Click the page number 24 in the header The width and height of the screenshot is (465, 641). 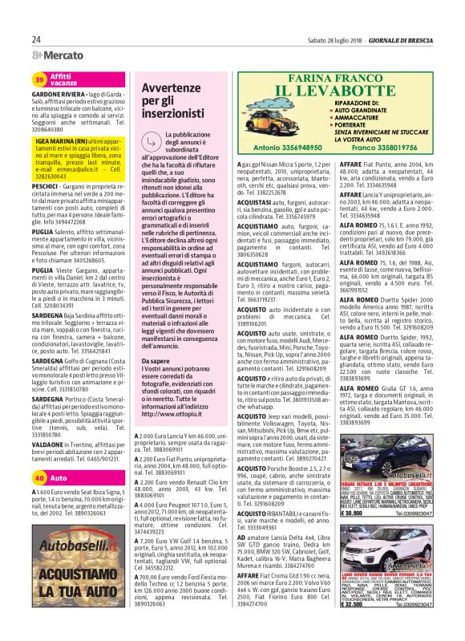click(36, 39)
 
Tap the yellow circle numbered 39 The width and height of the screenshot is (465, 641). click(39, 79)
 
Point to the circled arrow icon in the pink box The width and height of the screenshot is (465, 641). click(152, 141)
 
